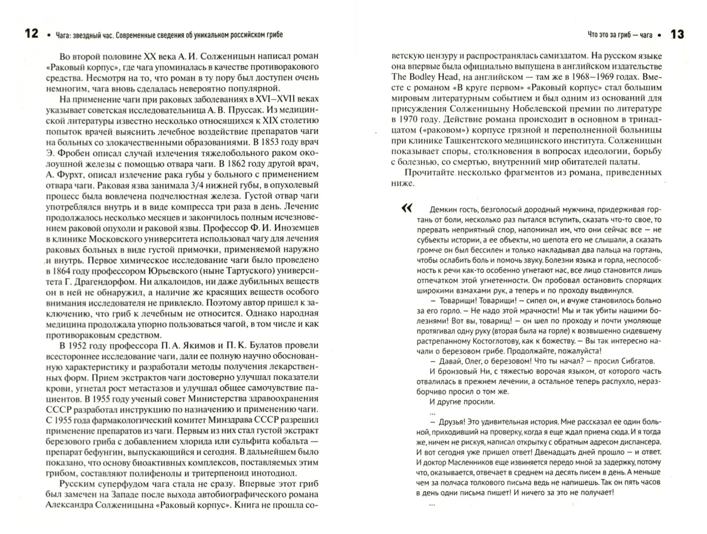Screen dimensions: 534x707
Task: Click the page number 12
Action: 32,34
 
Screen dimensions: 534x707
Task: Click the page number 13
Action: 677,35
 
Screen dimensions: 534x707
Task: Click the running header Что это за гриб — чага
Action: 620,35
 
